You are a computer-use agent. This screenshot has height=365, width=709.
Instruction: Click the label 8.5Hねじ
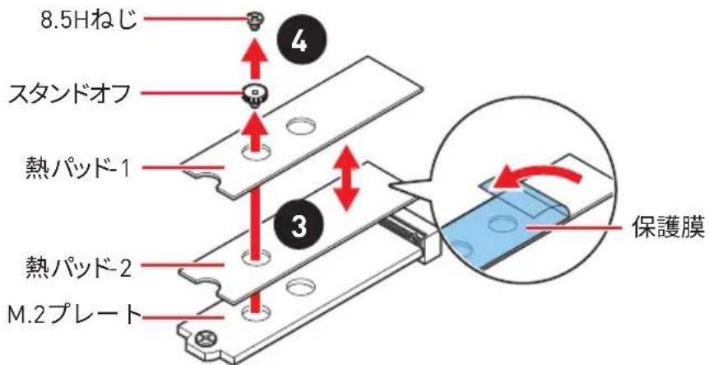(x=88, y=21)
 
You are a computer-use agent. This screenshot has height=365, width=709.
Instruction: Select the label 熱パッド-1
(x=76, y=169)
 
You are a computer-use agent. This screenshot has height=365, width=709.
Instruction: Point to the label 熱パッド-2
(x=78, y=267)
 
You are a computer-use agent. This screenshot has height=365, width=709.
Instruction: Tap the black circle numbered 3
(x=299, y=225)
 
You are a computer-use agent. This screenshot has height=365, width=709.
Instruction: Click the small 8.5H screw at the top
(x=255, y=21)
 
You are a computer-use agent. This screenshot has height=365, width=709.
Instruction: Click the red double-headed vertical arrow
(x=347, y=179)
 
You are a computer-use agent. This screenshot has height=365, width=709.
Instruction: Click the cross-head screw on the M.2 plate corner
(x=202, y=336)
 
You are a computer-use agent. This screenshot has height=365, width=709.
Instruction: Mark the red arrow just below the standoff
(x=256, y=134)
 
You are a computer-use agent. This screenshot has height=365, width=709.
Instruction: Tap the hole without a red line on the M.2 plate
(x=299, y=286)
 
